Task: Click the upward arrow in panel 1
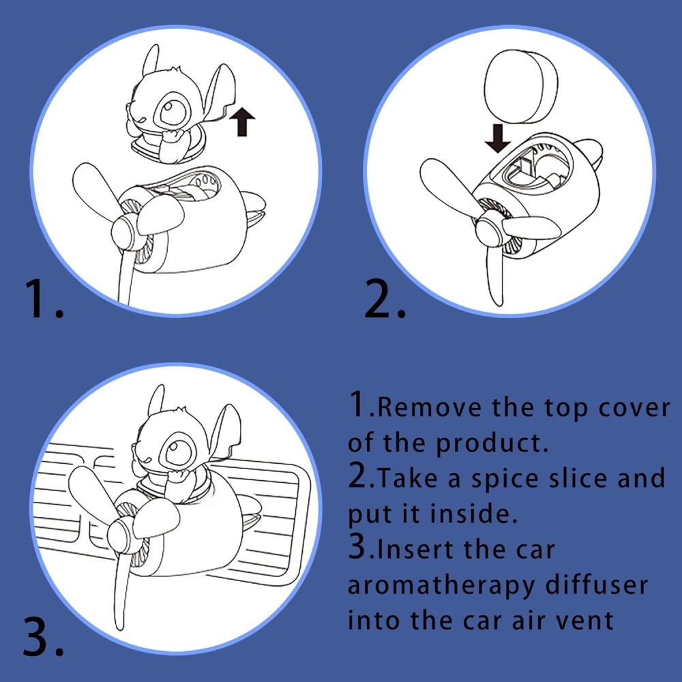pyautogui.click(x=242, y=122)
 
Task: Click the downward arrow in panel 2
pyautogui.click(x=498, y=138)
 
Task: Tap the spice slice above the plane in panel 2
pyautogui.click(x=520, y=87)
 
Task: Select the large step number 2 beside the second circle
pyautogui.click(x=385, y=299)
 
